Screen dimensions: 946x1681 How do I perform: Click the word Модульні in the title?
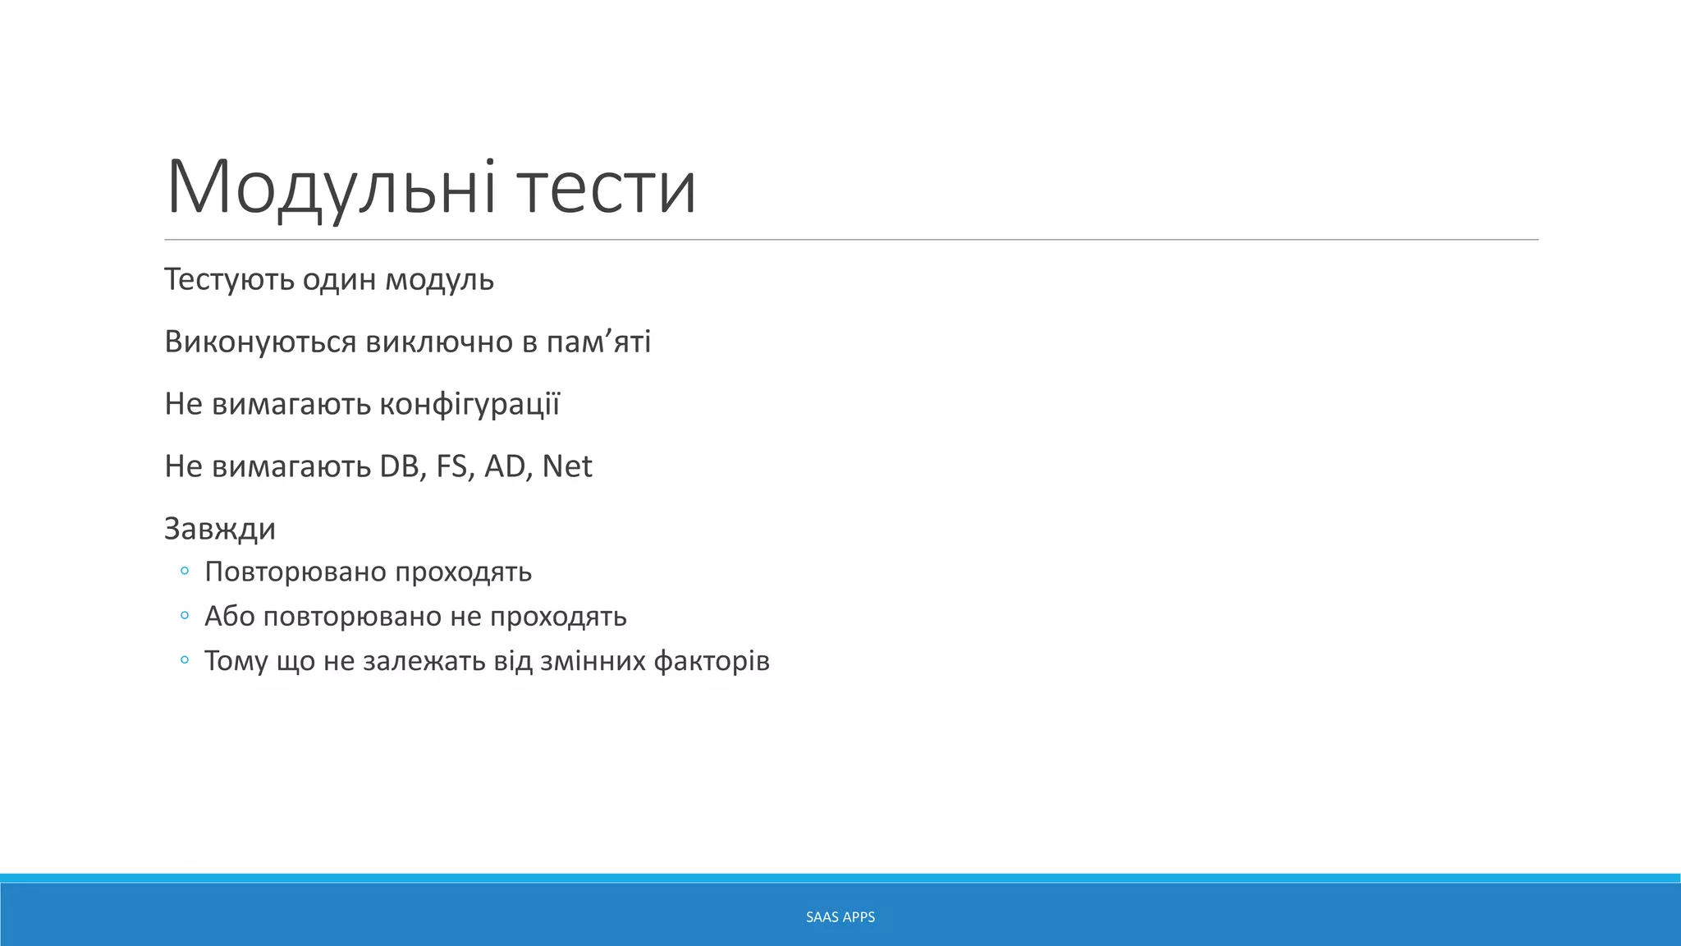point(331,187)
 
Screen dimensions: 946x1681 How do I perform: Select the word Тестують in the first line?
point(229,280)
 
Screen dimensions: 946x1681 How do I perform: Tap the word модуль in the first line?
point(440,280)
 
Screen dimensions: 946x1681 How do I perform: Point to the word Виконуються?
point(260,342)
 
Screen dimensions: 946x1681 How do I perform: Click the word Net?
point(567,466)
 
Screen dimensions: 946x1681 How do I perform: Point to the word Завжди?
point(220,529)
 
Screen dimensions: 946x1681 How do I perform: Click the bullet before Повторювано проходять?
point(185,571)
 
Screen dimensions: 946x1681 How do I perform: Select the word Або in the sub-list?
point(230,616)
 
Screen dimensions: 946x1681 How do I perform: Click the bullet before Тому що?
point(185,659)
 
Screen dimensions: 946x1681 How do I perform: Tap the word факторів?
point(712,661)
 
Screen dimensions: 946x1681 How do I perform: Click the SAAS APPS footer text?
point(840,917)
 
